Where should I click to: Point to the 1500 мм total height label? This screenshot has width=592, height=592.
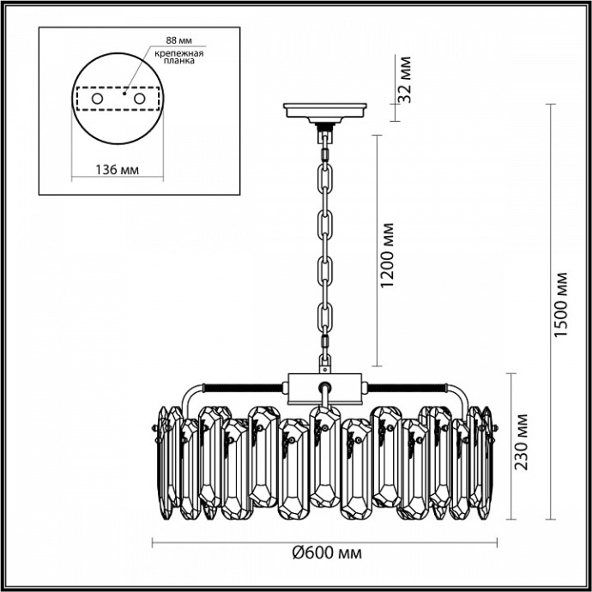(x=560, y=305)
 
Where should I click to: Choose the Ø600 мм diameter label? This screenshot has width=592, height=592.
(x=324, y=553)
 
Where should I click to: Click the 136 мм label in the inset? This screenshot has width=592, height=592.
(x=115, y=168)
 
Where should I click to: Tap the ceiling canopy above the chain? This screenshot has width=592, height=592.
(x=325, y=111)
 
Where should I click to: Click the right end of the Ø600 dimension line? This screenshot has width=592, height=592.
(x=497, y=541)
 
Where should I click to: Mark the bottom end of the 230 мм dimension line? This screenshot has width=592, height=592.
(x=512, y=519)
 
